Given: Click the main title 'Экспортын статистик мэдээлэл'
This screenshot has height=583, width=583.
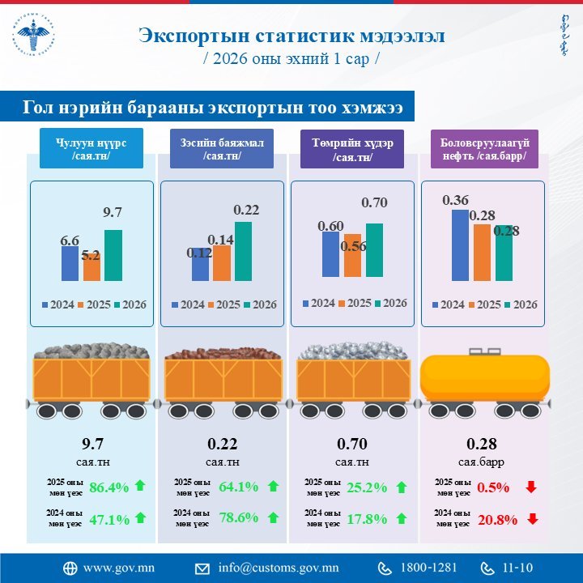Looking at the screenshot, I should (291, 36).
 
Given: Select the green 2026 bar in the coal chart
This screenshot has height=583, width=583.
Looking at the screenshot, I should (113, 255).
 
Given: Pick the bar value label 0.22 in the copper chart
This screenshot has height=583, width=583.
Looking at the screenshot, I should (246, 211).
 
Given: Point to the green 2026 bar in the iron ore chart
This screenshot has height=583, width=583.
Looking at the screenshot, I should (374, 249).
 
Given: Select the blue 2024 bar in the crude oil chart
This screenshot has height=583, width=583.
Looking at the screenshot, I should (459, 245).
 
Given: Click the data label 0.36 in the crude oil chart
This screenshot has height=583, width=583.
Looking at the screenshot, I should (456, 200).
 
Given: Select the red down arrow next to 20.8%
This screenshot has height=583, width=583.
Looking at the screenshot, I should (531, 519).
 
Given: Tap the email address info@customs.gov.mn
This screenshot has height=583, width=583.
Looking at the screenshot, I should (278, 568).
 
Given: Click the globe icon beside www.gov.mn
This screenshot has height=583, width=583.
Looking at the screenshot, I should (70, 568).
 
